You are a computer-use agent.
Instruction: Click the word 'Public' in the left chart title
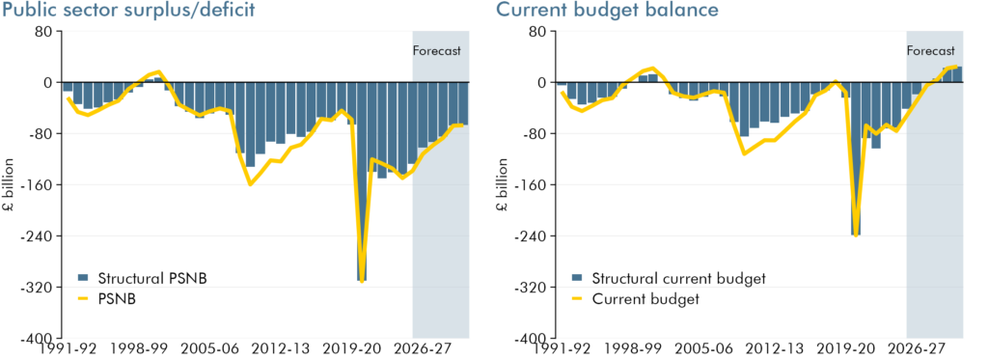pyautogui.click(x=30, y=12)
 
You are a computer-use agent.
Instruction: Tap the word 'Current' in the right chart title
pyautogui.click(x=532, y=12)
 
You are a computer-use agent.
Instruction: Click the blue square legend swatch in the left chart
pyautogui.click(x=83, y=277)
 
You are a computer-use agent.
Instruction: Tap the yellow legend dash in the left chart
pyautogui.click(x=83, y=299)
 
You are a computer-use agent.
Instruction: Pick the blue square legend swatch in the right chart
pyautogui.click(x=577, y=277)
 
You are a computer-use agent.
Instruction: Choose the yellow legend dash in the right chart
pyautogui.click(x=577, y=299)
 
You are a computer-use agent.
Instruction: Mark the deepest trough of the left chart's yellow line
pyautogui.click(x=362, y=281)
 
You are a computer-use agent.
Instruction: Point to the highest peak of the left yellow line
pyautogui.click(x=158, y=70)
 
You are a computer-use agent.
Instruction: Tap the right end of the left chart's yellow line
pyautogui.click(x=464, y=125)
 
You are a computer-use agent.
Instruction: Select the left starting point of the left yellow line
pyautogui.click(x=66, y=97)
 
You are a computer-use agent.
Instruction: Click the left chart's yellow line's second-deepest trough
pyautogui.click(x=251, y=183)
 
